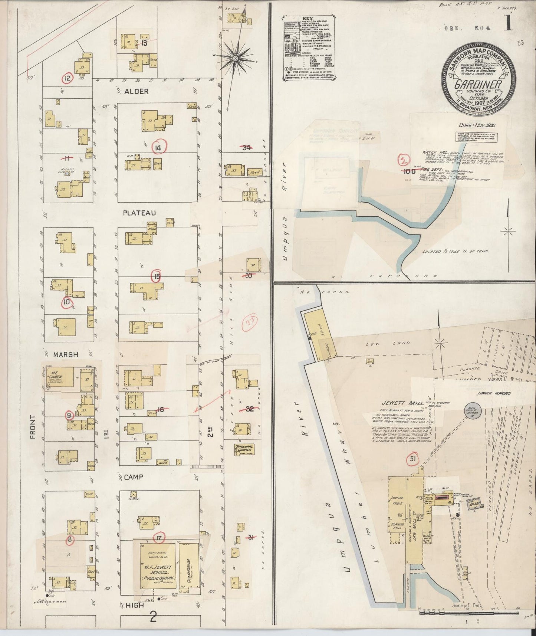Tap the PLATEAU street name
pos(139,213)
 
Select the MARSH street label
pos(65,354)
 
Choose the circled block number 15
pos(157,276)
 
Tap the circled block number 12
pos(68,78)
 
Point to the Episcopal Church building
pos(243,450)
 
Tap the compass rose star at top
pos(235,58)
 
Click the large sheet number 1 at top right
pos(508,24)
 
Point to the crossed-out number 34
pos(246,148)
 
